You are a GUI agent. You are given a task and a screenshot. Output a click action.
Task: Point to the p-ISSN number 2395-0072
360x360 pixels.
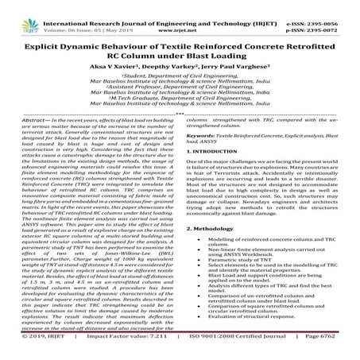click(334, 15)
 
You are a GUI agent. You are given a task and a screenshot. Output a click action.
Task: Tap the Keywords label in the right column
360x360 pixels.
click(202, 159)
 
